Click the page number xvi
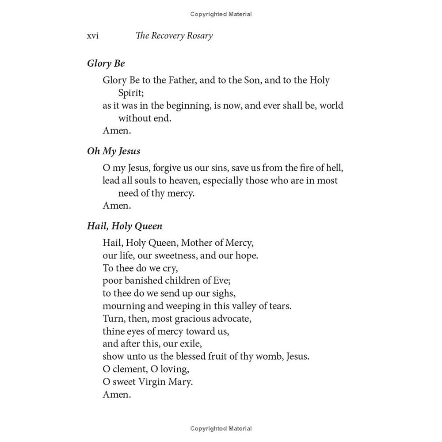click(x=92, y=36)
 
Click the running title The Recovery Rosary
click(x=174, y=36)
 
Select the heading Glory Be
click(x=106, y=64)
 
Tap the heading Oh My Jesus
click(x=114, y=151)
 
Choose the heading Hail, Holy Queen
click(x=125, y=226)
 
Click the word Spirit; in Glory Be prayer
click(x=131, y=93)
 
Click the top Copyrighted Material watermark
click(x=221, y=14)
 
